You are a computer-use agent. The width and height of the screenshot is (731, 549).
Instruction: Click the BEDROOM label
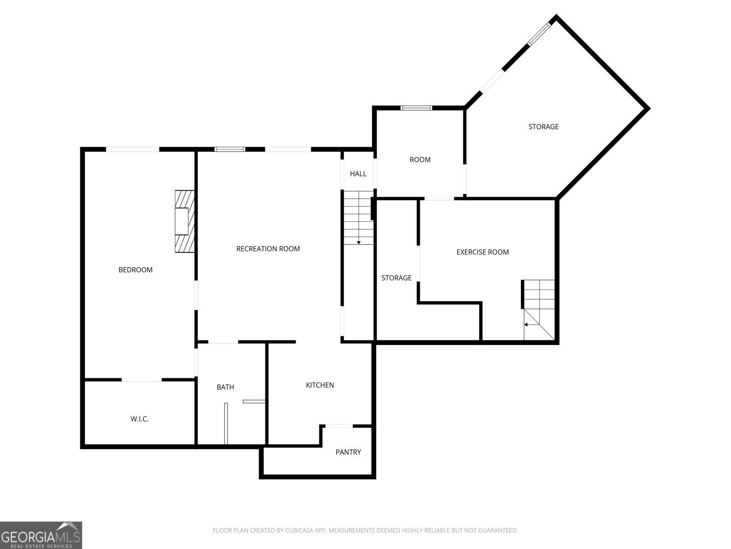136,269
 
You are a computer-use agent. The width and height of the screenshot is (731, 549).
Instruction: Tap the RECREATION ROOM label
268,249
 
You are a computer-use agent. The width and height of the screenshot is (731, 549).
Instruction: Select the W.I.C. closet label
139,419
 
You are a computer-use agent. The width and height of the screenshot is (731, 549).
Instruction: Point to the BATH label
225,387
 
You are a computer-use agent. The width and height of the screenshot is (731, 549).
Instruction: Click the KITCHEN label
320,385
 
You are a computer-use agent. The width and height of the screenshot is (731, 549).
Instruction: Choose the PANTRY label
348,452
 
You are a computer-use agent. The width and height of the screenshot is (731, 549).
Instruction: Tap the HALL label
358,174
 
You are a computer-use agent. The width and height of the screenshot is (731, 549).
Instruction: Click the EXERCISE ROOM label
482,252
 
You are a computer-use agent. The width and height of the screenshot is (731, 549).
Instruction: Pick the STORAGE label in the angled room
544,127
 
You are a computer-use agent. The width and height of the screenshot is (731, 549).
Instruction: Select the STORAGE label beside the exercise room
396,278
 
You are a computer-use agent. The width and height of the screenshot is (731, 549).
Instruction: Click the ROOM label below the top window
420,160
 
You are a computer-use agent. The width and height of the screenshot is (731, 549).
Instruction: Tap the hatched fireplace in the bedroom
185,221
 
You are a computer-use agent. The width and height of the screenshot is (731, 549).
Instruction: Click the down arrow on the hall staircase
359,242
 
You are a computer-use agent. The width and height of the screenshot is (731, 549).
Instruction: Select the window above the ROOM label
416,108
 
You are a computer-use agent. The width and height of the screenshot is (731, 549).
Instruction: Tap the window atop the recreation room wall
230,149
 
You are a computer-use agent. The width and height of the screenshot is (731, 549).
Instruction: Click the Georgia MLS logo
41,535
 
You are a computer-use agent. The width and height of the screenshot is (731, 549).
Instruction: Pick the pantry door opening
339,426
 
